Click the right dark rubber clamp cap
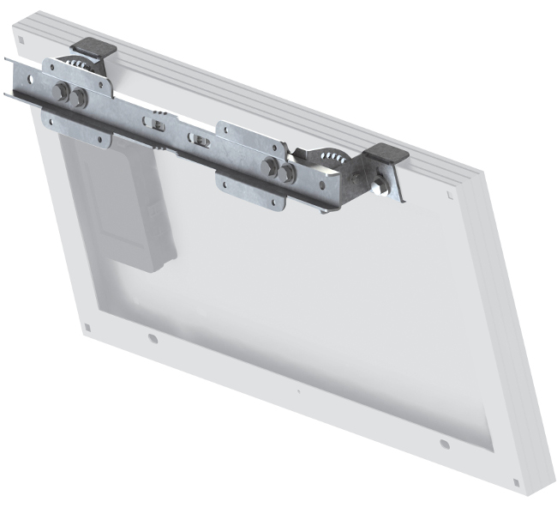(385, 155)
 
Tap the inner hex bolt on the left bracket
(81, 97)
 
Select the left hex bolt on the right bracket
(272, 166)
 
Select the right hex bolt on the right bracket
(287, 172)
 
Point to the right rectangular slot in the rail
(200, 140)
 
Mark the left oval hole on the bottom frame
(153, 338)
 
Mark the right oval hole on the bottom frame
(444, 444)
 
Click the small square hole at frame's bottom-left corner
(87, 328)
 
